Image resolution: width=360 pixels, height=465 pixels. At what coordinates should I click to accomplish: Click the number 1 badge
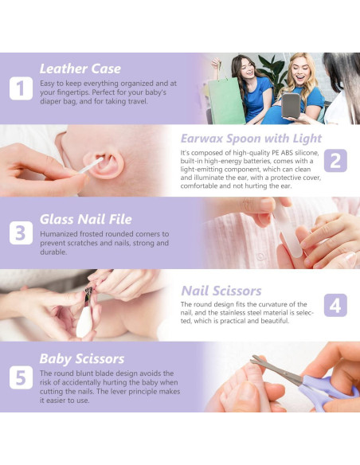click(x=21, y=88)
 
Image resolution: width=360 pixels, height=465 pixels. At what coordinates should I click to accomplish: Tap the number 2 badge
click(x=335, y=160)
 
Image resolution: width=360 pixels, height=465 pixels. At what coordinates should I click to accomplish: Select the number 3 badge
click(x=21, y=232)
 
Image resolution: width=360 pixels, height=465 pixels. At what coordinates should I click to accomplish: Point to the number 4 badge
click(x=335, y=305)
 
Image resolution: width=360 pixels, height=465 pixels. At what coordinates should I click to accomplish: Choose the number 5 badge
click(x=21, y=377)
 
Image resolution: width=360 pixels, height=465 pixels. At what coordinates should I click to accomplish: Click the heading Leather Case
click(x=80, y=68)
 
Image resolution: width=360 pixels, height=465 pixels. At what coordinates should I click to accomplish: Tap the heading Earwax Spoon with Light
click(x=251, y=139)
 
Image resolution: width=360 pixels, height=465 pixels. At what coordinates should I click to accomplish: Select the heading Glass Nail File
click(x=86, y=220)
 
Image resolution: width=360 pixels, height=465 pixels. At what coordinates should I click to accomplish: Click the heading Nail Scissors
click(x=221, y=291)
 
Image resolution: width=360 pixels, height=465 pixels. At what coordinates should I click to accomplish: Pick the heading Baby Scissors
click(x=82, y=358)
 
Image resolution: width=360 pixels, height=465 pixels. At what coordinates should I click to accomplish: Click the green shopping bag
click(x=226, y=101)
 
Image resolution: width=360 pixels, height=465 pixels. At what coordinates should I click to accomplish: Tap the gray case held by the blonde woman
click(x=291, y=105)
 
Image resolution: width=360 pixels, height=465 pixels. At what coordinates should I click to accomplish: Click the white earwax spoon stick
click(x=91, y=166)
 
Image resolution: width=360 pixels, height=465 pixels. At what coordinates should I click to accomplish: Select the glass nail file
click(x=287, y=228)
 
